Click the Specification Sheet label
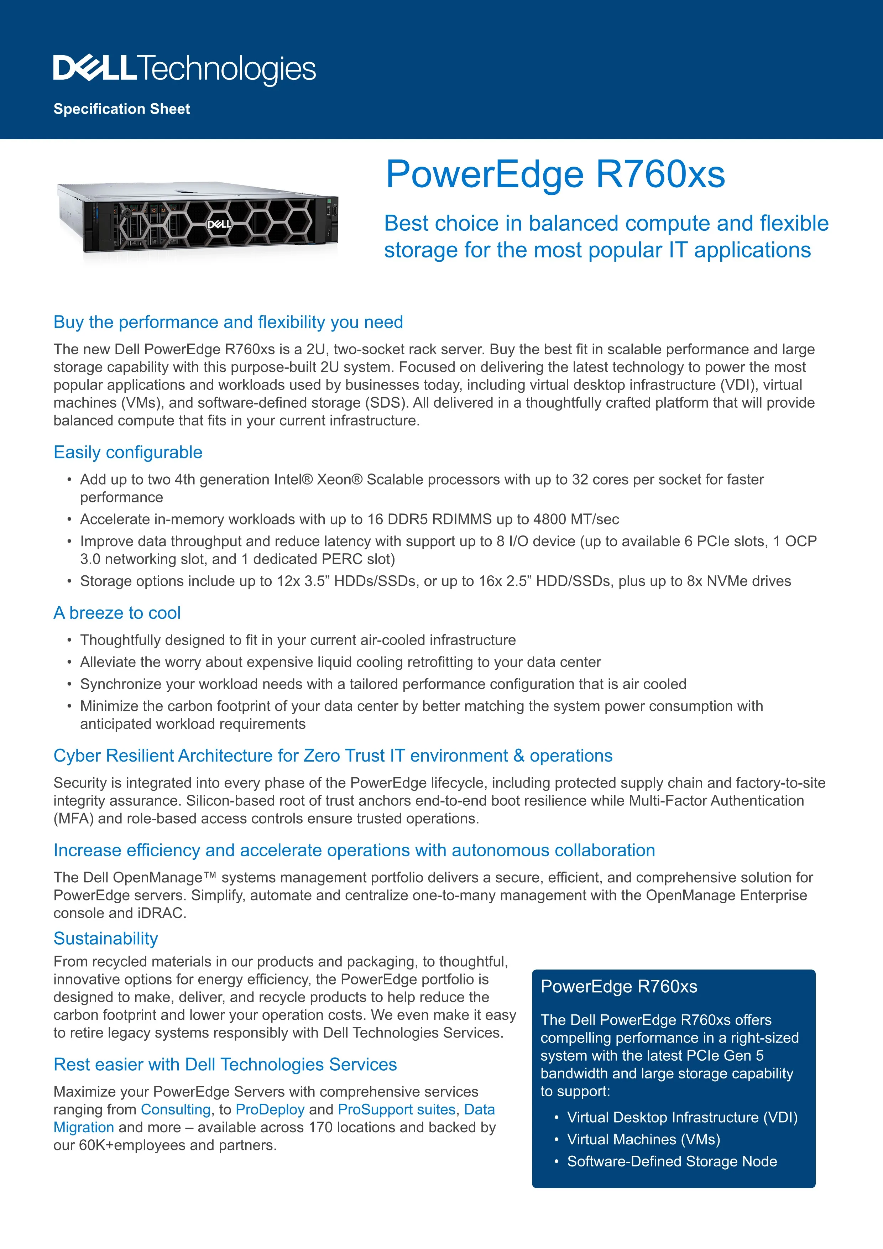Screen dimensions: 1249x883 pyautogui.click(x=122, y=109)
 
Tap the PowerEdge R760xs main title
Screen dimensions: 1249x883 pyautogui.click(x=555, y=174)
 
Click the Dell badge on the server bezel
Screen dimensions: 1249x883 pyautogui.click(x=219, y=224)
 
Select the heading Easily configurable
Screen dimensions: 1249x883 pyautogui.click(x=128, y=452)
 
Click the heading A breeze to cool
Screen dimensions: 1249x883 pyautogui.click(x=117, y=612)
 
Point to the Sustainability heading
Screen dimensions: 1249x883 pyautogui.click(x=105, y=939)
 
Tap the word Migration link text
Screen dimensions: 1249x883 pyautogui.click(x=84, y=1128)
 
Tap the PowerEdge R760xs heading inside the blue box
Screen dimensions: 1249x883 pyautogui.click(x=618, y=986)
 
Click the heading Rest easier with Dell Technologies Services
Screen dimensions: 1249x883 pyautogui.click(x=225, y=1065)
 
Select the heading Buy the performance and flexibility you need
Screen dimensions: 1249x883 pyautogui.click(x=228, y=322)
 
